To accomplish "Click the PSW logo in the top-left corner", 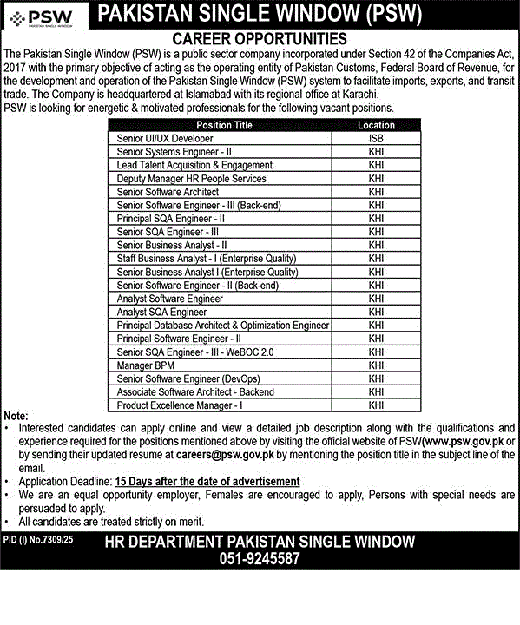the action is coord(43,16).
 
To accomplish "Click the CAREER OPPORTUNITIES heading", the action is coord(260,39).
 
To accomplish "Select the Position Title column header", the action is coord(220,125).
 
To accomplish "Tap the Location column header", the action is coord(376,125).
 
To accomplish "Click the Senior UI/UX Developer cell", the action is coord(165,138).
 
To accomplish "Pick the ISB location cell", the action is coord(376,138).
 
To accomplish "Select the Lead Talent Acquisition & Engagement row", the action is coord(194,165).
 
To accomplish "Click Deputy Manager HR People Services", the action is coord(191,178).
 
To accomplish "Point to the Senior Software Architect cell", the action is coord(168,192).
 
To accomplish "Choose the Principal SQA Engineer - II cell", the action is coord(171,219).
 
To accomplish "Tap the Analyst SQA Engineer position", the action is coord(161,312).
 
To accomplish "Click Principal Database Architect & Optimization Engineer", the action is coord(222,326).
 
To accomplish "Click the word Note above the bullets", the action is coord(16,417).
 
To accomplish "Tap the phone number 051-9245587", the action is coord(260,559).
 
